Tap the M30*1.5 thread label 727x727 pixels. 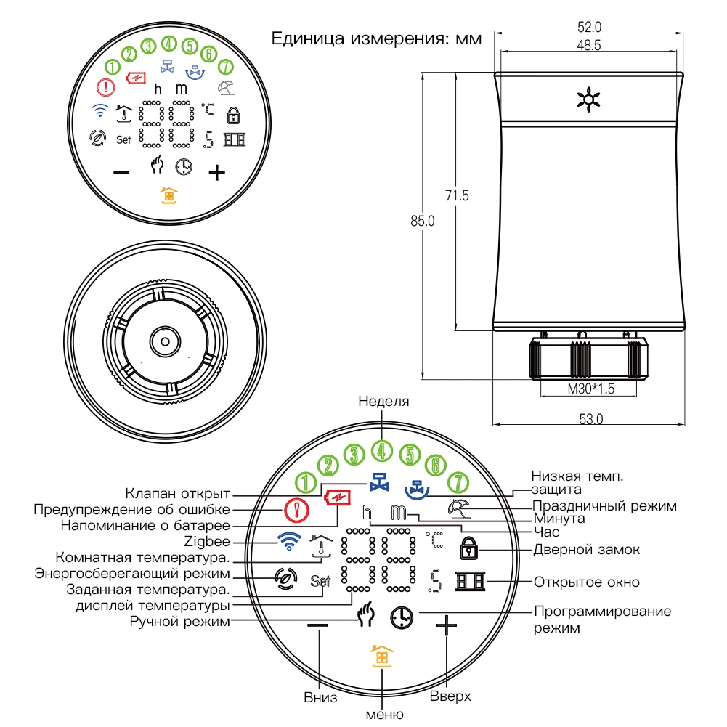click(x=591, y=389)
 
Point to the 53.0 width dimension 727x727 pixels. click(x=590, y=419)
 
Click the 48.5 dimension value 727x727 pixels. click(x=589, y=45)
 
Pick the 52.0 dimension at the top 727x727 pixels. click(x=589, y=28)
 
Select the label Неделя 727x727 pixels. click(x=384, y=402)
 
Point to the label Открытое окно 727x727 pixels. click(x=587, y=582)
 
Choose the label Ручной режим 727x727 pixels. click(x=180, y=621)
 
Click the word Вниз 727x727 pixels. click(x=320, y=698)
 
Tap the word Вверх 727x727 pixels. click(x=450, y=696)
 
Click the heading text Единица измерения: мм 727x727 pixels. click(x=376, y=38)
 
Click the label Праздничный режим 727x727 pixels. click(x=604, y=505)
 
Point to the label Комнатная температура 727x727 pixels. click(x=143, y=558)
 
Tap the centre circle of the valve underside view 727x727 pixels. click(x=166, y=340)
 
